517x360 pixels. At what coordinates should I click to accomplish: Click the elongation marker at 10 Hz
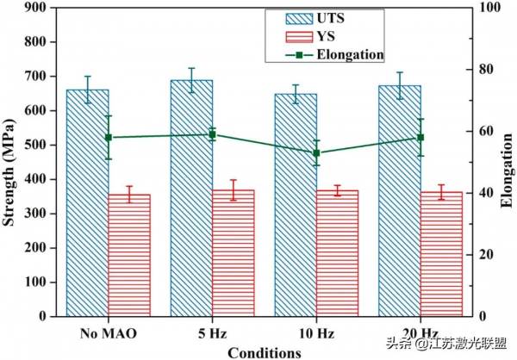(x=316, y=152)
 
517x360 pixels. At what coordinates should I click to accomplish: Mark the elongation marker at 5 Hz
(x=212, y=134)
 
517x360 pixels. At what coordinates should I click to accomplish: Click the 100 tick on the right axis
(x=490, y=8)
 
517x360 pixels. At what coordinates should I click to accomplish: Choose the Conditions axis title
(x=264, y=351)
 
